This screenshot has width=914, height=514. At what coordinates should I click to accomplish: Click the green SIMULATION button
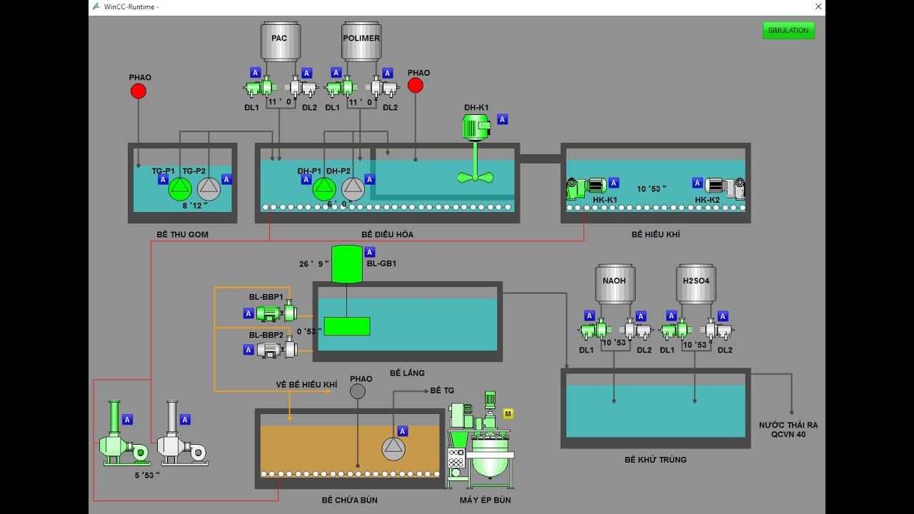coord(788,31)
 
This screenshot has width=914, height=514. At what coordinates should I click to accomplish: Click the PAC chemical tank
coord(279,41)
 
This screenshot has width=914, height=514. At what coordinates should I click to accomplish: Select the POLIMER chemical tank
coord(361,41)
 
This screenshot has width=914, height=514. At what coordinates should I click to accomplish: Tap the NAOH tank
coord(614,283)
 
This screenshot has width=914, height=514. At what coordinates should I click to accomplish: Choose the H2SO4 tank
coord(695,283)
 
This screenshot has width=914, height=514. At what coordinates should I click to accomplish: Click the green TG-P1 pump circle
coord(180,188)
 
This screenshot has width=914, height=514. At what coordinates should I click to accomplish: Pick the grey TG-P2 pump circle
coord(209,188)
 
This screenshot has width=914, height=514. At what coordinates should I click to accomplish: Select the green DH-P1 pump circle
coord(323,188)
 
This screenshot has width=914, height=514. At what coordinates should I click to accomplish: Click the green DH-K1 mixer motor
coord(476,128)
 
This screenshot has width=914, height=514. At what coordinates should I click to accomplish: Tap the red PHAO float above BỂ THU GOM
coord(139,91)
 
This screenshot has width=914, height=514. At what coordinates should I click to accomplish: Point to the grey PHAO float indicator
coord(358,391)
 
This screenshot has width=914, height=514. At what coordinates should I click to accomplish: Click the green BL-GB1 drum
coord(347,264)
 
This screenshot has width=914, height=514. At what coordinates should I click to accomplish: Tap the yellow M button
coord(508,413)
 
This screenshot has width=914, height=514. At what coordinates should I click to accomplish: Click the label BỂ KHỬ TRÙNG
coord(656,460)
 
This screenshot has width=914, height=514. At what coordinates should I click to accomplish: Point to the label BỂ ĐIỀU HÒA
coord(387,234)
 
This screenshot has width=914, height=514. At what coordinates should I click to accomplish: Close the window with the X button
coord(818,6)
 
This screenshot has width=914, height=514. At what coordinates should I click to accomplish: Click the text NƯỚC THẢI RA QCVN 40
coord(788,429)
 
